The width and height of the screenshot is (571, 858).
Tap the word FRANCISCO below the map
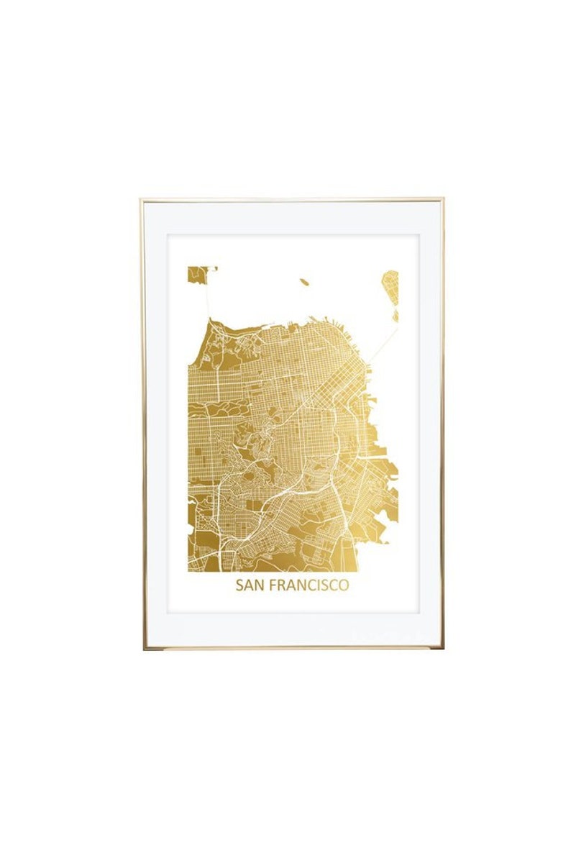309,585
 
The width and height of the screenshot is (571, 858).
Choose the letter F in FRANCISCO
272,585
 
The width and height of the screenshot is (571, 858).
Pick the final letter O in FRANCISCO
344,585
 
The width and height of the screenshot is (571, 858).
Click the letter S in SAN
239,585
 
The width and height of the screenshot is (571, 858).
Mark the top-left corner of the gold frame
142,200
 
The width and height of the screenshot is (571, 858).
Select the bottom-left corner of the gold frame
144,648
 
